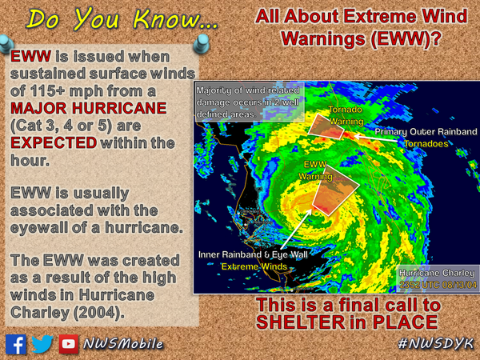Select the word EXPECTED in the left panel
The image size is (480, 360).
pos(51,142)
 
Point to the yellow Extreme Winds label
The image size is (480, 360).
pos(253,266)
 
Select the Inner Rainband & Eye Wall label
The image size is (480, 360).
pos(253,254)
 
